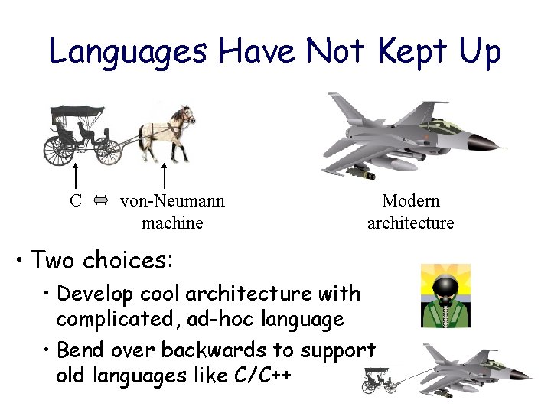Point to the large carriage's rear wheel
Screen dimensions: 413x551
click(x=59, y=149)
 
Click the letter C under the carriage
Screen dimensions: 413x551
click(x=75, y=201)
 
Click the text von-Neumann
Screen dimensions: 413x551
click(x=172, y=201)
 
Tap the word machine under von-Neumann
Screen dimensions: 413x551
click(x=172, y=223)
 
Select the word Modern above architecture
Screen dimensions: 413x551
click(x=411, y=201)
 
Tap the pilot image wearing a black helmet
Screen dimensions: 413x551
click(x=446, y=295)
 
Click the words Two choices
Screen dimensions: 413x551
click(x=103, y=260)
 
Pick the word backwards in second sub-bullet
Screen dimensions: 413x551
click(x=217, y=350)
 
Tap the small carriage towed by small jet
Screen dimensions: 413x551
click(x=380, y=380)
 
